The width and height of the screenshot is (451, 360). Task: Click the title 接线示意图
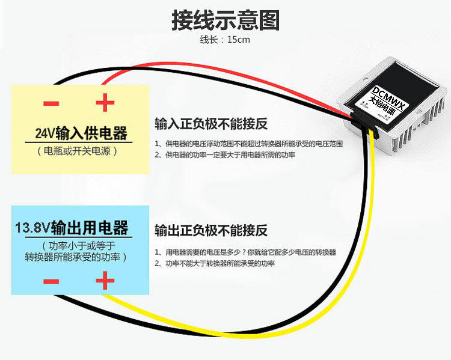point(226,20)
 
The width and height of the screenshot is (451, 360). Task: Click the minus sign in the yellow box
point(51,103)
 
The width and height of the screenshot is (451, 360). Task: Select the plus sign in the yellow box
point(105,103)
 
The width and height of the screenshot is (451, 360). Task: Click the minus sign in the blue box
point(51,281)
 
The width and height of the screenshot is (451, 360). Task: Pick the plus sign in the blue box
point(105,281)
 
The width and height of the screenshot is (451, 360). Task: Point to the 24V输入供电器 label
point(81,132)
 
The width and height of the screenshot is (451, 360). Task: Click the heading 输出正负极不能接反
point(211,230)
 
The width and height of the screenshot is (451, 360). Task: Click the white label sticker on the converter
point(385,102)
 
